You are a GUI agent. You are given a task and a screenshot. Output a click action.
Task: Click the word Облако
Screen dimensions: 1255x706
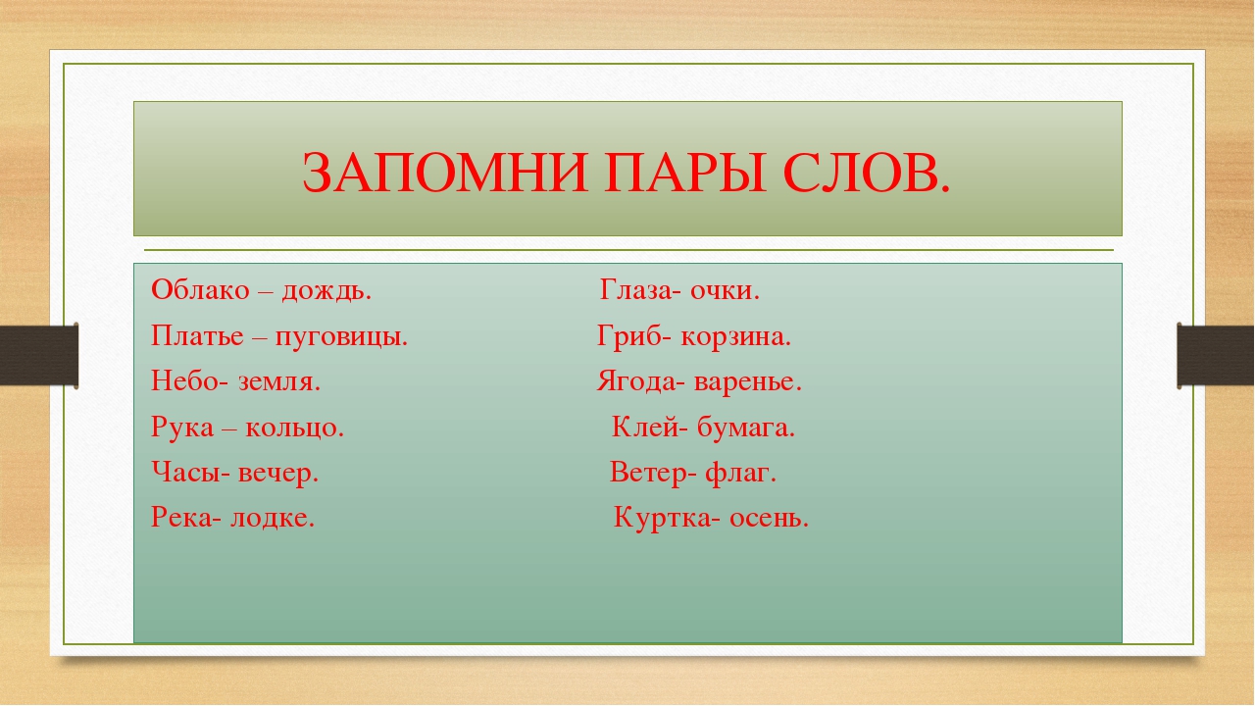coord(200,289)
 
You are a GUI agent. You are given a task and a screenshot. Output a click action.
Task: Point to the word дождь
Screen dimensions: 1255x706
coord(326,291)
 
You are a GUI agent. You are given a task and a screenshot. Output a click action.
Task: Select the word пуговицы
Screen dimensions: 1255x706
coord(341,337)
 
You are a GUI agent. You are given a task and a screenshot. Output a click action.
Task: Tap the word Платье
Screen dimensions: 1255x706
coord(197,335)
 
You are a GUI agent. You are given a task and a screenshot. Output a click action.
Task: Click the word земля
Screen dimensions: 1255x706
coord(279,382)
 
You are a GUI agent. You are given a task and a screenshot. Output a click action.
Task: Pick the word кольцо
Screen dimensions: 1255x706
coord(294,429)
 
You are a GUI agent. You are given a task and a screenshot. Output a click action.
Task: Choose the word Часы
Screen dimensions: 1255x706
coord(186,473)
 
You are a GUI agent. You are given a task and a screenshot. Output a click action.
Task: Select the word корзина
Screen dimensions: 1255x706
coord(735,337)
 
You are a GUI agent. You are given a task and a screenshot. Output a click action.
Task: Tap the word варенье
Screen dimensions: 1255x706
coord(748,382)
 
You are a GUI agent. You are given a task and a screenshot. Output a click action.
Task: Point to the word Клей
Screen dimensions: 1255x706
coord(645,427)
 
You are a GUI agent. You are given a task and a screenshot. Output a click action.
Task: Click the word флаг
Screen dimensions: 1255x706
coord(740,473)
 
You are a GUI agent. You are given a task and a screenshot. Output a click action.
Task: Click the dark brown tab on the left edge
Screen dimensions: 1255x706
coord(39,356)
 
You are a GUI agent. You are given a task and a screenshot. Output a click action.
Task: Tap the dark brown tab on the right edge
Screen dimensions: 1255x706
coord(1215,356)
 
